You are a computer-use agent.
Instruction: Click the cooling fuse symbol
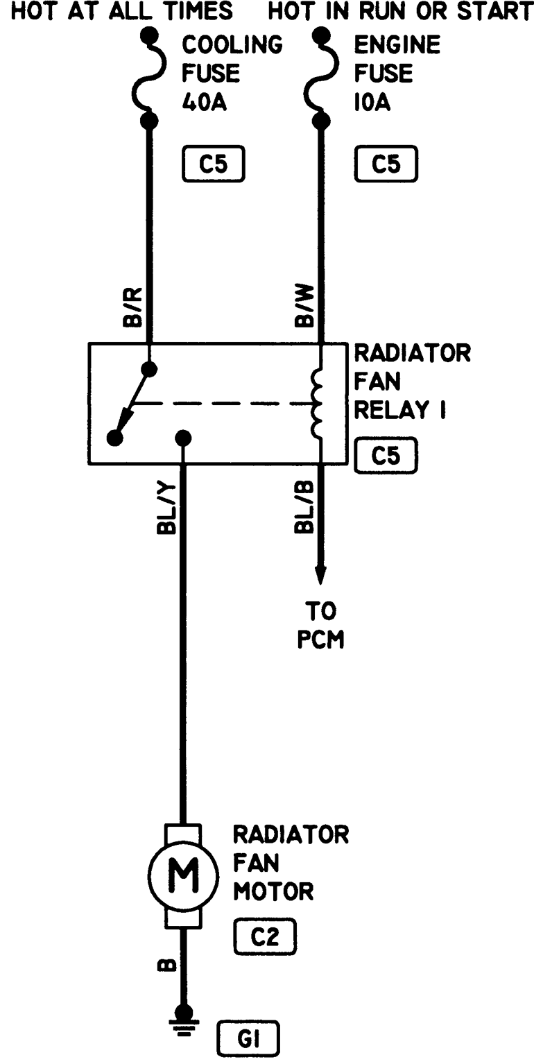point(148,77)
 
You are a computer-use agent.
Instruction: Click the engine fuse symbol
point(320,77)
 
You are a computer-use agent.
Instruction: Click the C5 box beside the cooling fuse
point(214,165)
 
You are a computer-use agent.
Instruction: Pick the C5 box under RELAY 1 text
point(386,455)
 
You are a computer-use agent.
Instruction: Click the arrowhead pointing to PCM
point(320,575)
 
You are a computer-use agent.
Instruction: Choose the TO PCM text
point(320,625)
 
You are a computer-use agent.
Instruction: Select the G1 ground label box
point(248,1038)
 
